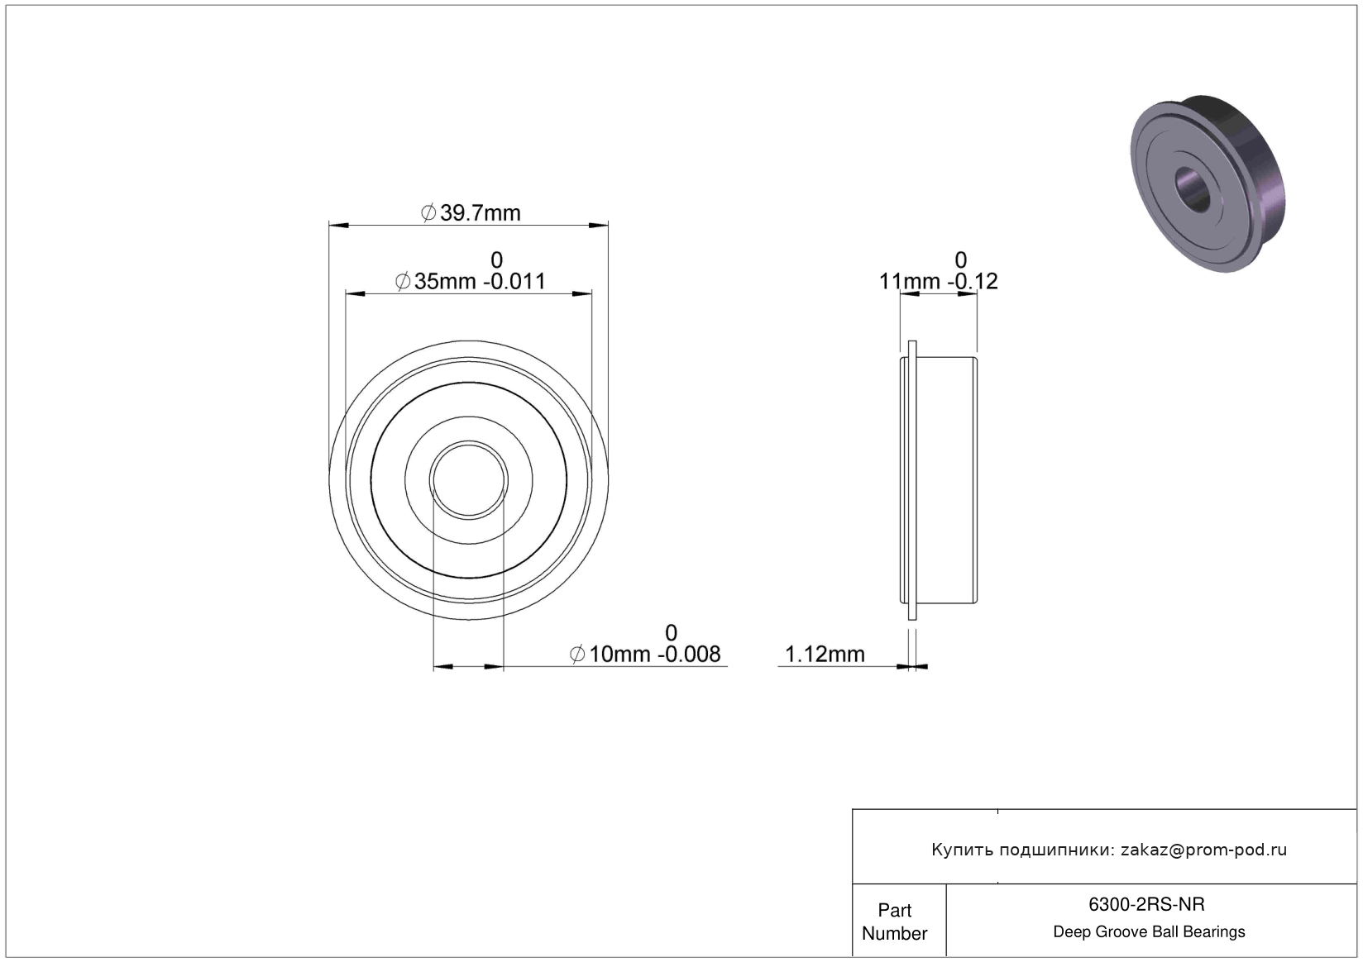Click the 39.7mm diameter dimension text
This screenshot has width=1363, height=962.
coord(471,213)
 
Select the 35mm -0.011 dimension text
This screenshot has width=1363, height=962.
coord(471,282)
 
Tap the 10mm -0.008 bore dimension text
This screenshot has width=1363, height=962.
coord(645,655)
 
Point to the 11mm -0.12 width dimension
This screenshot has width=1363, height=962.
coord(938,282)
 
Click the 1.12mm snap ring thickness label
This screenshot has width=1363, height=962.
coord(825,655)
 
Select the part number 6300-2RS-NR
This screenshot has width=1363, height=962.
coord(1146,905)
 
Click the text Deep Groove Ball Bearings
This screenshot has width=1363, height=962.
coord(1149,932)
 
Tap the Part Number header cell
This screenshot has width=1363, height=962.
coord(895,922)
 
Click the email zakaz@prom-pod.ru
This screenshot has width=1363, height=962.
coord(1203,850)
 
